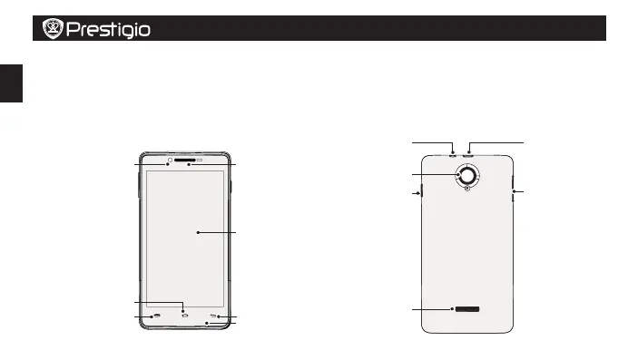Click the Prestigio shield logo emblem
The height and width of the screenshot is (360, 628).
(53, 28)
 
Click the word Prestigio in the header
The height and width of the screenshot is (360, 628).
(108, 30)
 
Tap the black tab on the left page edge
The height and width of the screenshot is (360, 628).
(11, 83)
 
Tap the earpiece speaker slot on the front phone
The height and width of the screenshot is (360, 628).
(184, 160)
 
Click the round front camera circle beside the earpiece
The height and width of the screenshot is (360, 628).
(170, 160)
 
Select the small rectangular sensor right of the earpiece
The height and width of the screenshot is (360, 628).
(200, 160)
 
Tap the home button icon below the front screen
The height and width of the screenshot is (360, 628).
(184, 316)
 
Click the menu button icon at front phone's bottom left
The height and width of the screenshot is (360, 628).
(157, 316)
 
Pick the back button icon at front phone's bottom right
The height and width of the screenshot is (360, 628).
(213, 316)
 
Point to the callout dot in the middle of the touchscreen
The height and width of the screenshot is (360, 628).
(198, 232)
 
